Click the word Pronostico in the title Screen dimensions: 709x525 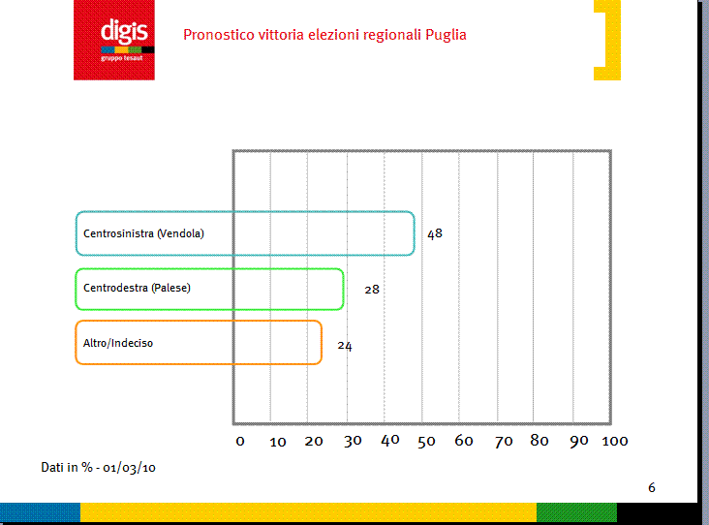[219, 35]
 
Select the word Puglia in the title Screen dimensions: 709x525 [446, 35]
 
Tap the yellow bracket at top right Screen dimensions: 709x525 [607, 40]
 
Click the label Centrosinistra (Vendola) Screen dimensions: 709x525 [143, 233]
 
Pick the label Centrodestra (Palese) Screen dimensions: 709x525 [137, 288]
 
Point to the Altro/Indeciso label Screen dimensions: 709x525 [118, 343]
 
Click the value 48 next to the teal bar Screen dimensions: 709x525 [435, 233]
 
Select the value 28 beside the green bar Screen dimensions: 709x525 [372, 290]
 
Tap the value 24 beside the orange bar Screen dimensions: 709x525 [345, 346]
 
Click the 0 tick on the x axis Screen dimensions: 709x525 [240, 442]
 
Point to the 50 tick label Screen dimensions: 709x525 [426, 442]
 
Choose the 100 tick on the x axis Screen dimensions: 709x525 [615, 441]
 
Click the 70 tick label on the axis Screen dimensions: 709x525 [504, 442]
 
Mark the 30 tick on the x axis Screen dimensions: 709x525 [353, 441]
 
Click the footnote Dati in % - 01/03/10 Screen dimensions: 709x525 [98, 467]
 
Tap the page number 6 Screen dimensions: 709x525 [652, 487]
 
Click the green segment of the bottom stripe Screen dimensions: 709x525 [576, 513]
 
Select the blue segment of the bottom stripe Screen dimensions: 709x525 [41, 513]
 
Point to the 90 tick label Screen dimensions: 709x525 [579, 441]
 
